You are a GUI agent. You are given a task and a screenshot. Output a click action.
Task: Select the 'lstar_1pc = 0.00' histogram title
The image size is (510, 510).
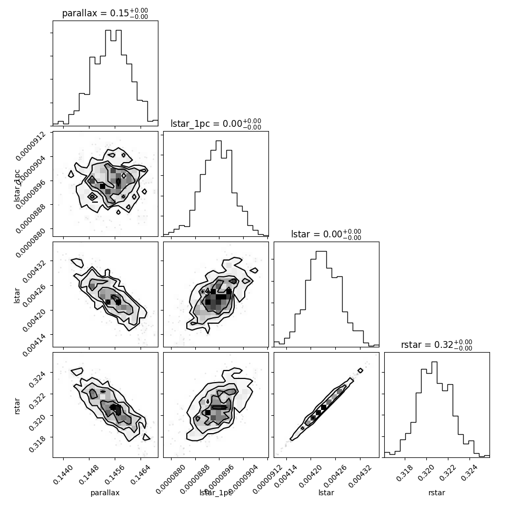point(216,124)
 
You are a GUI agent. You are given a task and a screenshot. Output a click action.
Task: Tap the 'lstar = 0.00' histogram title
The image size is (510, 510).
point(326,235)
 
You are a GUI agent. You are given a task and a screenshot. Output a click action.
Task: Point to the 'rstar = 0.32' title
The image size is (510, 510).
point(436,345)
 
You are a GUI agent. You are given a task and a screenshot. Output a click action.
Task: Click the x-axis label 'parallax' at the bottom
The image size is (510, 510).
point(105,493)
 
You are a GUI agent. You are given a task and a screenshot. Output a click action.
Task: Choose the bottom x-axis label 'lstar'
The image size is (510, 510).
point(326,493)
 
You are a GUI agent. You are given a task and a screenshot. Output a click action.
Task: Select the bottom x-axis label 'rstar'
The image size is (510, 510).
point(437,493)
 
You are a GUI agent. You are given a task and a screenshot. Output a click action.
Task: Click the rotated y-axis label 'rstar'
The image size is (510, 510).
point(17,405)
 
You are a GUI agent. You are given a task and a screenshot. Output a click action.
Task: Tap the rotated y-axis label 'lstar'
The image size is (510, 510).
point(17,295)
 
